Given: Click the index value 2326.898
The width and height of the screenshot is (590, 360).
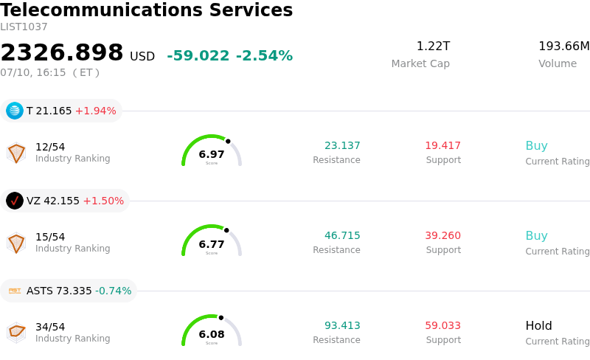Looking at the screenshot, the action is (62, 52).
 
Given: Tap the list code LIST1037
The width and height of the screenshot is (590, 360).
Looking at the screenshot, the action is (24, 27).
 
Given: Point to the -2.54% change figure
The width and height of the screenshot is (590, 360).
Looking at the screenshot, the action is (264, 56).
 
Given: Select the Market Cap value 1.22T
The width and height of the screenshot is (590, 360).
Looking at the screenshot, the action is (433, 46).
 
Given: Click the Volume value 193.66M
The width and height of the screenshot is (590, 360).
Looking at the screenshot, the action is (564, 46).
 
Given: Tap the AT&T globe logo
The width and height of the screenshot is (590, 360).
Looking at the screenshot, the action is (15, 111).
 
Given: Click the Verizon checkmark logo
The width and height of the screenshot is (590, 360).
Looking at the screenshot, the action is (15, 201).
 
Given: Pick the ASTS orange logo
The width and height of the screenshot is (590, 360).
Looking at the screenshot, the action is (15, 291).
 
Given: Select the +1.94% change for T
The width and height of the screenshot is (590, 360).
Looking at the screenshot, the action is (96, 111).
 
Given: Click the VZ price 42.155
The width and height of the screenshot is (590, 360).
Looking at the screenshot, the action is (61, 201).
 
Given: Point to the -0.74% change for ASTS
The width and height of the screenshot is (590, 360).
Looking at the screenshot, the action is (114, 291).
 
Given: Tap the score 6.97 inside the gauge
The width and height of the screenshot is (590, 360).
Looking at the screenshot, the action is (212, 154).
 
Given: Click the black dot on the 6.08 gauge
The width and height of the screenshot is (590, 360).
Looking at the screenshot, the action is (221, 318).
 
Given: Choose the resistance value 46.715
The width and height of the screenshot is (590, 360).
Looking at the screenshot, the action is (342, 236).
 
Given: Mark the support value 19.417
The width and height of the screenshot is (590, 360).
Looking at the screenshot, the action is (443, 146).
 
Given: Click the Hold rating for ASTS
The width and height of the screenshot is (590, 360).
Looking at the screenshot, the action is (538, 326).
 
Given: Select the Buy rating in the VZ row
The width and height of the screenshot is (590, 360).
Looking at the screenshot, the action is (537, 236).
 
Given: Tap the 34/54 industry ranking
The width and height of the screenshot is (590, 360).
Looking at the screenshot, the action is (50, 327).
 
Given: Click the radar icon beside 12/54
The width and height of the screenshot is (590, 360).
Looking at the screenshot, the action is (16, 153).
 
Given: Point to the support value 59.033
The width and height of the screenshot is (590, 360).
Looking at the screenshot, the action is (443, 326).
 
